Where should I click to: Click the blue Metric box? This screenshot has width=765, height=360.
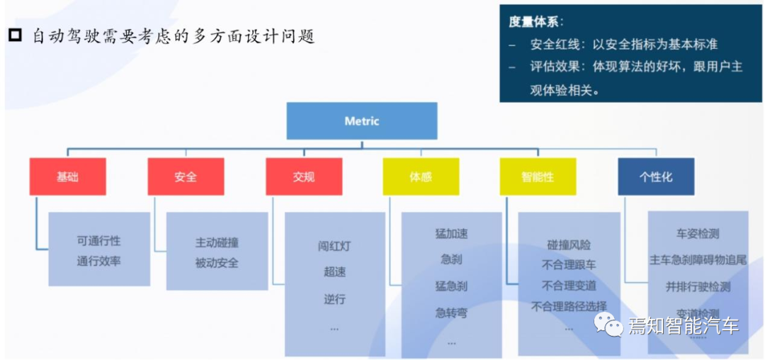(361, 121)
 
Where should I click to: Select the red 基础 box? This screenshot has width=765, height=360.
(67, 176)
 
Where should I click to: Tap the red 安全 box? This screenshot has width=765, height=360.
(186, 176)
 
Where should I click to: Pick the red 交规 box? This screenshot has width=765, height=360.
(303, 176)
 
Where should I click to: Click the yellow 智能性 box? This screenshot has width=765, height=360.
(538, 176)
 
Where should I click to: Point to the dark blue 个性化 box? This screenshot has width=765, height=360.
(655, 176)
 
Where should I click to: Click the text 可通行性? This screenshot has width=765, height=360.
(99, 241)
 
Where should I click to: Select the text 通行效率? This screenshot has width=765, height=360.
(99, 261)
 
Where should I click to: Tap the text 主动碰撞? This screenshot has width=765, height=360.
(217, 242)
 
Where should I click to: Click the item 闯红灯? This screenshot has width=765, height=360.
(334, 247)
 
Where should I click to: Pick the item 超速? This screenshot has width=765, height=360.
(334, 273)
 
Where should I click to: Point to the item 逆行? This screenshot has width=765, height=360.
(334, 298)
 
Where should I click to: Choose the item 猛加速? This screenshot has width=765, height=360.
(451, 233)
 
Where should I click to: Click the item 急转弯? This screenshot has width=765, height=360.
(451, 313)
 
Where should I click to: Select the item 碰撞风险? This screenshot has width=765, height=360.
(568, 244)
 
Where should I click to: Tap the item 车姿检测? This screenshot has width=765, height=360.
(698, 232)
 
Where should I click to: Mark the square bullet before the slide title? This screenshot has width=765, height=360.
(16, 35)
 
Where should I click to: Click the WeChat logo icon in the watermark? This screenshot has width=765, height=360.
(608, 325)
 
